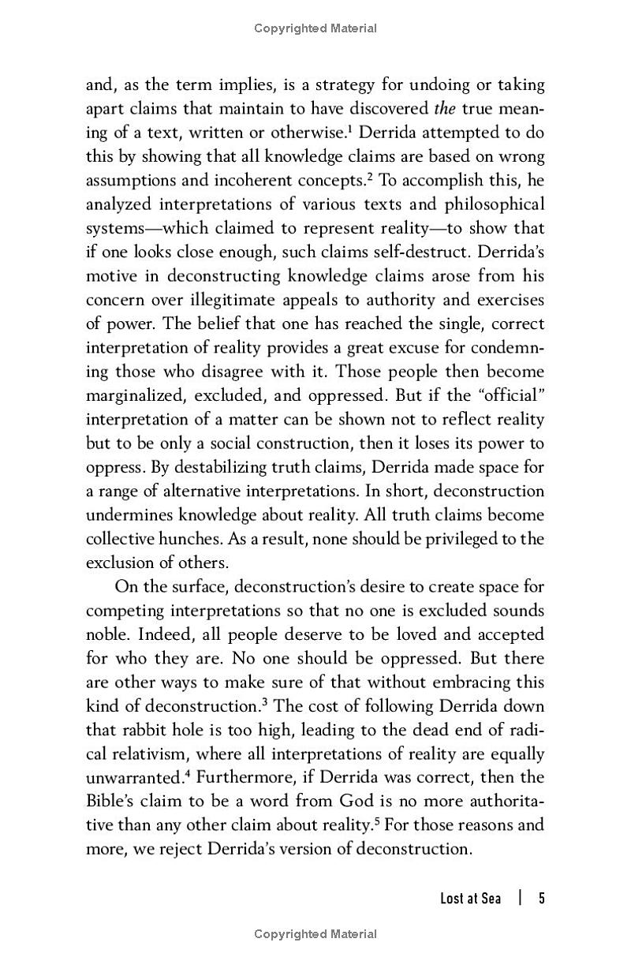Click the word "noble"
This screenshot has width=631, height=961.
(107, 634)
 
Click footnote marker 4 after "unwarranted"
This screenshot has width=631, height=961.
(190, 774)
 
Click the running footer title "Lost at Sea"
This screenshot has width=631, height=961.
(470, 899)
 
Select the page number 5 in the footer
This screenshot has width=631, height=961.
(542, 899)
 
